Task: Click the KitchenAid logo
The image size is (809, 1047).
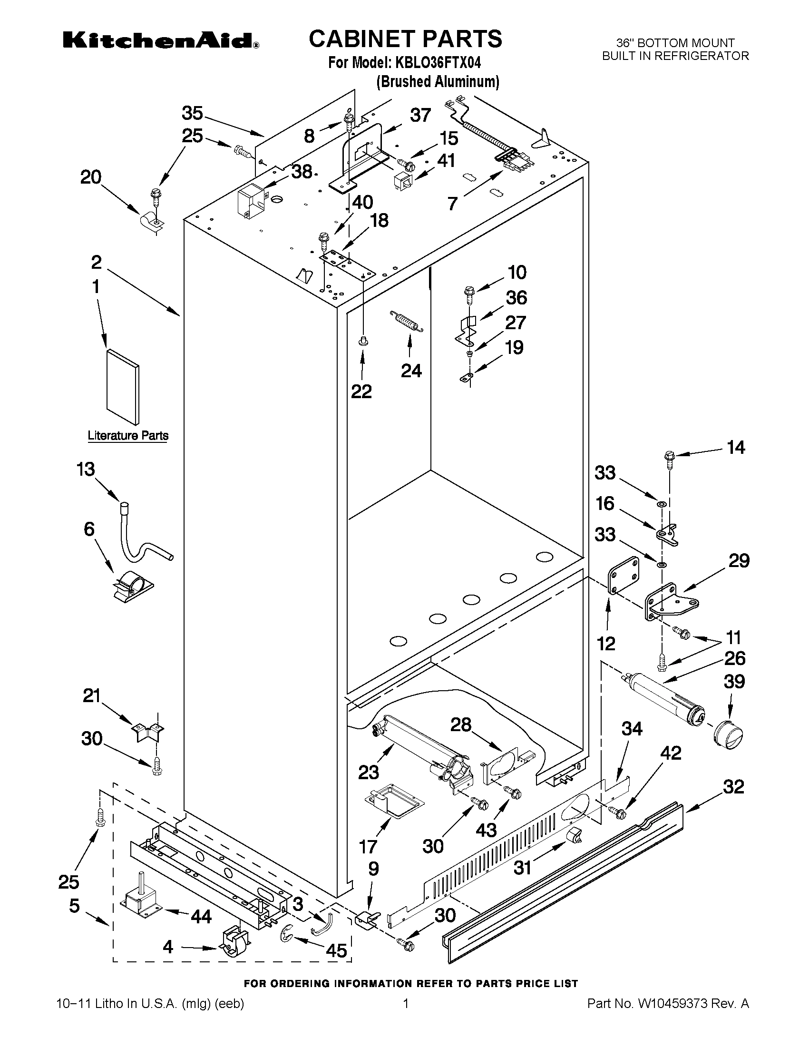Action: coord(161,41)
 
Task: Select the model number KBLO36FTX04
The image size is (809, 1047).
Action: coord(438,63)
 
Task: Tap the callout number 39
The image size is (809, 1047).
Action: coord(734,682)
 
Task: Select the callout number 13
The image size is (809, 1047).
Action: coord(86,470)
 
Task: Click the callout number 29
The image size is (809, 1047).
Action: coord(739,560)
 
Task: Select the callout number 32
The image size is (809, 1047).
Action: coord(733,787)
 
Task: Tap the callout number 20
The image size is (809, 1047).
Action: coord(90,178)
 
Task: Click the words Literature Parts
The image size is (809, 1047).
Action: coord(128,436)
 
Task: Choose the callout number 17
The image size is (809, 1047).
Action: coord(368,847)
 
